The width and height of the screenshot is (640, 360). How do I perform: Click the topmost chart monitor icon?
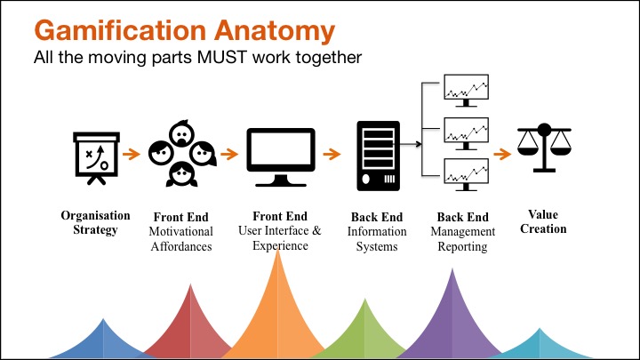pos(466,92)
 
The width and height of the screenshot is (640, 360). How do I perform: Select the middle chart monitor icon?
pos(466,133)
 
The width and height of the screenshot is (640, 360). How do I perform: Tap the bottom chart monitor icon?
pos(466,174)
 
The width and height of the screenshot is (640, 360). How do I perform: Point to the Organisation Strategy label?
pos(95,222)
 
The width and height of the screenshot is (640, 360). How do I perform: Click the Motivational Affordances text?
pos(181,239)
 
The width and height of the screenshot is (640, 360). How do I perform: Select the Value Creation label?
pos(542,221)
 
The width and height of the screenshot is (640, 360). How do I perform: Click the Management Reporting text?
pos(462,239)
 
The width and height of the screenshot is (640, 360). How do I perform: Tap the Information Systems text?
pos(377,239)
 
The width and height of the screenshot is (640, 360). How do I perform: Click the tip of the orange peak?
pos(280,252)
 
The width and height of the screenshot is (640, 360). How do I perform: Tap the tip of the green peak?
pos(365,300)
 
